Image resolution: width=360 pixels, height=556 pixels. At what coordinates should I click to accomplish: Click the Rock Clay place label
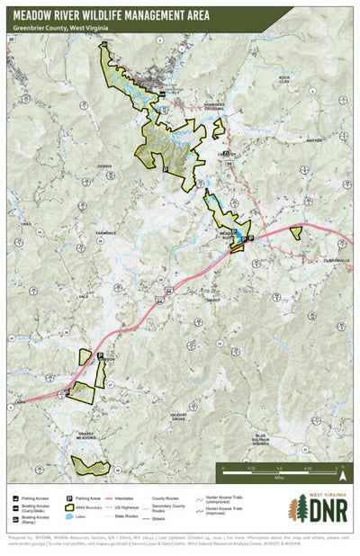click(285, 80)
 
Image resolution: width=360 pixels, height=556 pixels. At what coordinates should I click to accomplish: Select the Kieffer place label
click(313, 140)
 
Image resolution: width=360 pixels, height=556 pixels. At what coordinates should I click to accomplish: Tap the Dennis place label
click(105, 166)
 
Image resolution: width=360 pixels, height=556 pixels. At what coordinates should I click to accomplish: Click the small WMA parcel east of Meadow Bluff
click(295, 231)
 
